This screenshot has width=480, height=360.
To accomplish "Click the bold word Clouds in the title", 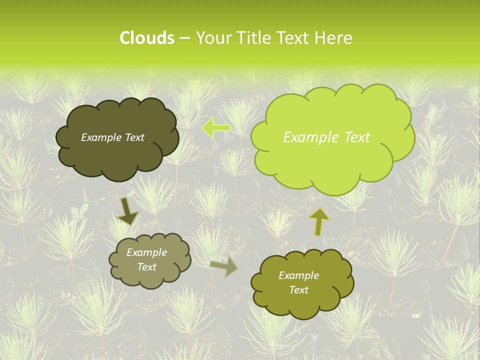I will (146, 38).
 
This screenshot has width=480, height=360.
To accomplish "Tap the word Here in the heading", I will (334, 38).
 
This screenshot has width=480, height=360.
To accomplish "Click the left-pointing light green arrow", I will (216, 127).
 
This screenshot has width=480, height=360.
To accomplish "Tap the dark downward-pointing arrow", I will (127, 211).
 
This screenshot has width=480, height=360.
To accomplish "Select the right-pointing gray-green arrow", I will (224, 266).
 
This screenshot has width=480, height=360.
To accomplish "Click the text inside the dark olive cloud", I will (112, 137).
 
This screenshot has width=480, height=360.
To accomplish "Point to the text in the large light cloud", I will (326, 137).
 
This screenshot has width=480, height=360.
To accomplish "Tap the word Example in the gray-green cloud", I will (146, 252).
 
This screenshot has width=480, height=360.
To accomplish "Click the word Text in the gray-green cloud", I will (146, 267).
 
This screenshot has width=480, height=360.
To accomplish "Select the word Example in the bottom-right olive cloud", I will (298, 275).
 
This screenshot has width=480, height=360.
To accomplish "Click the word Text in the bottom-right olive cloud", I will (298, 290).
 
